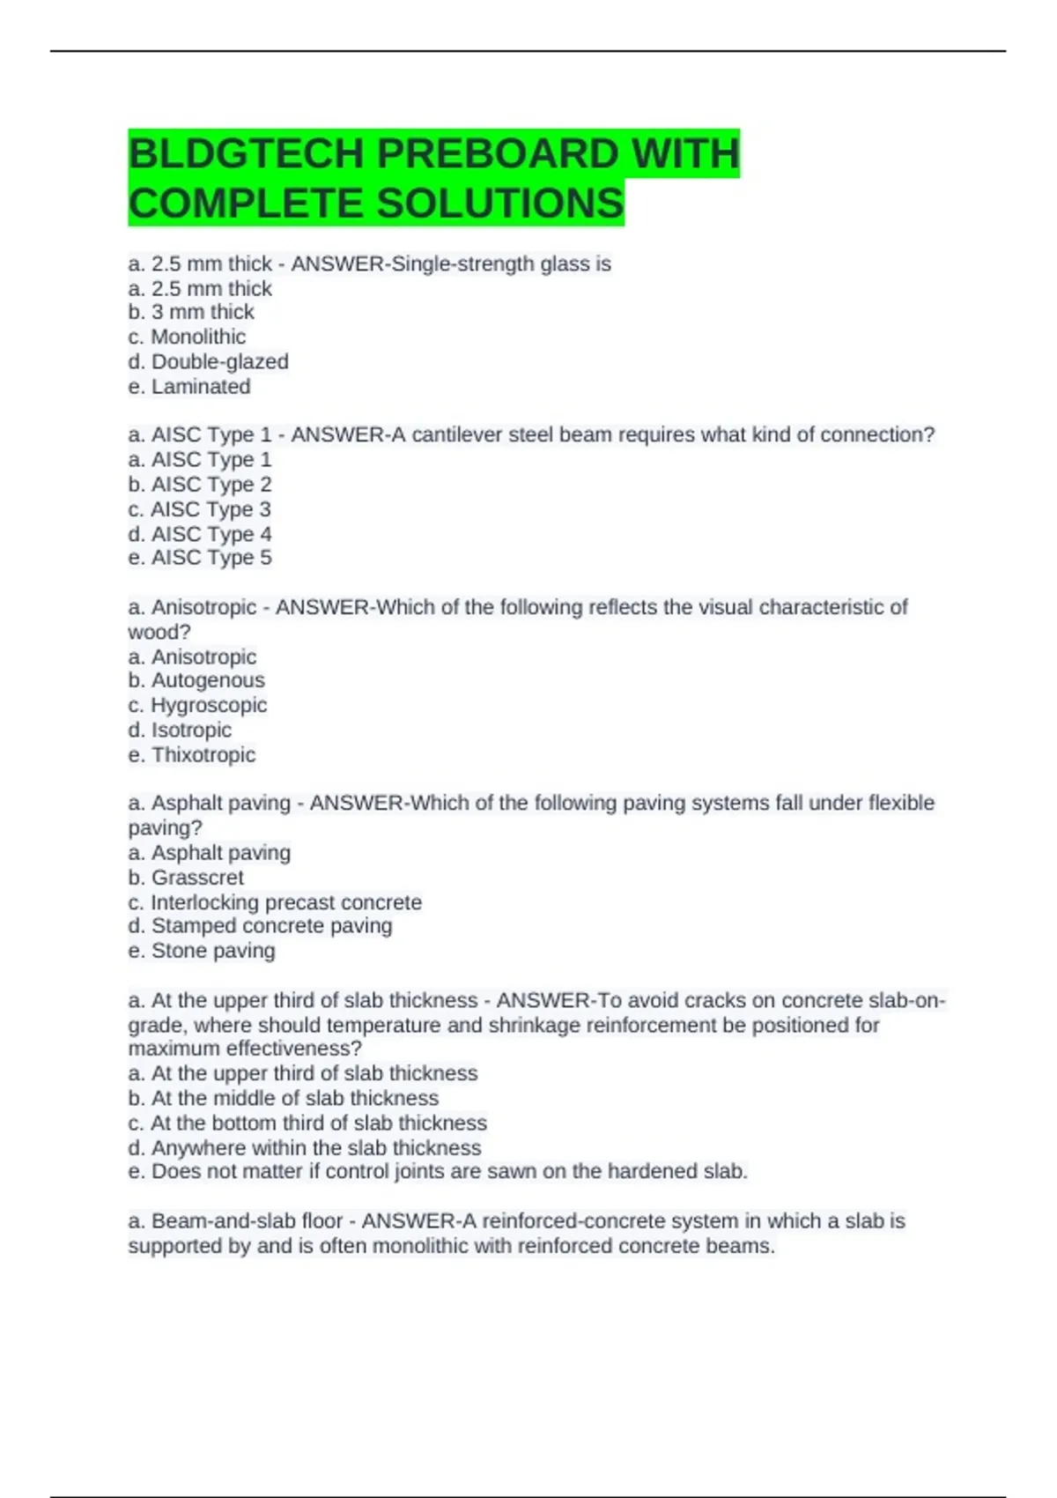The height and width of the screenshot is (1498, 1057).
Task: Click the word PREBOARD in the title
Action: click(x=499, y=154)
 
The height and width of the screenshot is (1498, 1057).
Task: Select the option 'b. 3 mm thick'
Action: click(x=191, y=312)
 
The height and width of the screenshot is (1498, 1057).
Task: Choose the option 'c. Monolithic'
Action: click(x=187, y=337)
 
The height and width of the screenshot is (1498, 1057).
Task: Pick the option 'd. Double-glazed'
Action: click(x=208, y=361)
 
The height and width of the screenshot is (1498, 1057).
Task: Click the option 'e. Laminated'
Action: click(x=189, y=386)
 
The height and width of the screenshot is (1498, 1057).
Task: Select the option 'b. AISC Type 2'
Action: click(x=200, y=484)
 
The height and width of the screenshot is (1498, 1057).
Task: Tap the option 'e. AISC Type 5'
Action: click(x=200, y=558)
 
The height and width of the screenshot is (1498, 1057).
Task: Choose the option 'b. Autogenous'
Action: click(x=196, y=680)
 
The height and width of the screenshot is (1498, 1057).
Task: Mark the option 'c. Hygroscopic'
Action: click(x=197, y=705)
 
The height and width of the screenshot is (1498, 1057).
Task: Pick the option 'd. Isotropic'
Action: click(x=180, y=730)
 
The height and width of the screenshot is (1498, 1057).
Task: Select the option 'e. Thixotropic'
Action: click(x=192, y=754)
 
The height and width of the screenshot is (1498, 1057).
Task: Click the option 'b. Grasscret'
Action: click(x=186, y=878)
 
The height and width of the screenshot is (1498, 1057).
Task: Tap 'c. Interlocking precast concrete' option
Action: click(x=275, y=902)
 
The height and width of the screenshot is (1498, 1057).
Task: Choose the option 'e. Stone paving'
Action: click(x=202, y=951)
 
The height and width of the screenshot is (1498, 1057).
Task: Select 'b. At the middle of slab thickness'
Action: click(x=283, y=1098)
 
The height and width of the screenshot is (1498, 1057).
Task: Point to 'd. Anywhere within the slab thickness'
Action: click(x=305, y=1147)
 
